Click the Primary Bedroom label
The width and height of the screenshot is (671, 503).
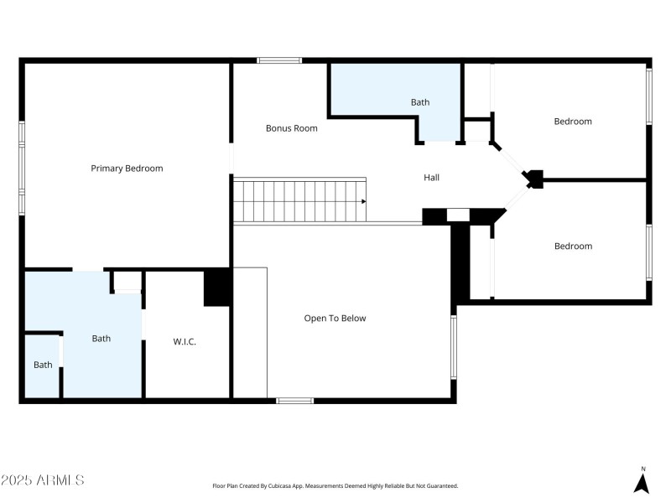point(127,169)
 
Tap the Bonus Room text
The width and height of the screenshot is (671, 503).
point(291,128)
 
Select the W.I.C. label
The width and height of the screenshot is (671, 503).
point(185,341)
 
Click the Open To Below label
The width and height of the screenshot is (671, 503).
point(335,319)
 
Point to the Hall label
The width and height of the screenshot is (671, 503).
point(431,178)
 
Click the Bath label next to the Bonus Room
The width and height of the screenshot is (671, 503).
point(420,102)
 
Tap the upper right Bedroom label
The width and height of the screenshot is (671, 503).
point(573,122)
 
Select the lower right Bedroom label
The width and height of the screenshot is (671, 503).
point(573,246)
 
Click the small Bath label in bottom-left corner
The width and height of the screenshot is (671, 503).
point(43,365)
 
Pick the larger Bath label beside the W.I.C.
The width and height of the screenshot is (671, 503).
point(101,339)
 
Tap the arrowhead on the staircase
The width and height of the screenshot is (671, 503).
point(363,201)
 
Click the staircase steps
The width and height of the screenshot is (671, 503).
point(298,201)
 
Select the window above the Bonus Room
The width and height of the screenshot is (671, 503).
point(279,60)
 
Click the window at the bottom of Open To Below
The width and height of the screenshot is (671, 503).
point(294,401)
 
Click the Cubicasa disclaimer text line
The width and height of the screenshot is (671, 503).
point(335,486)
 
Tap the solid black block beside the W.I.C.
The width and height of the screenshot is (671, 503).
point(217,288)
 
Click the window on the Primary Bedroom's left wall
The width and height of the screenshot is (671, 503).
point(22,168)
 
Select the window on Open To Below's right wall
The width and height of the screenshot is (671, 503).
point(454,346)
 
